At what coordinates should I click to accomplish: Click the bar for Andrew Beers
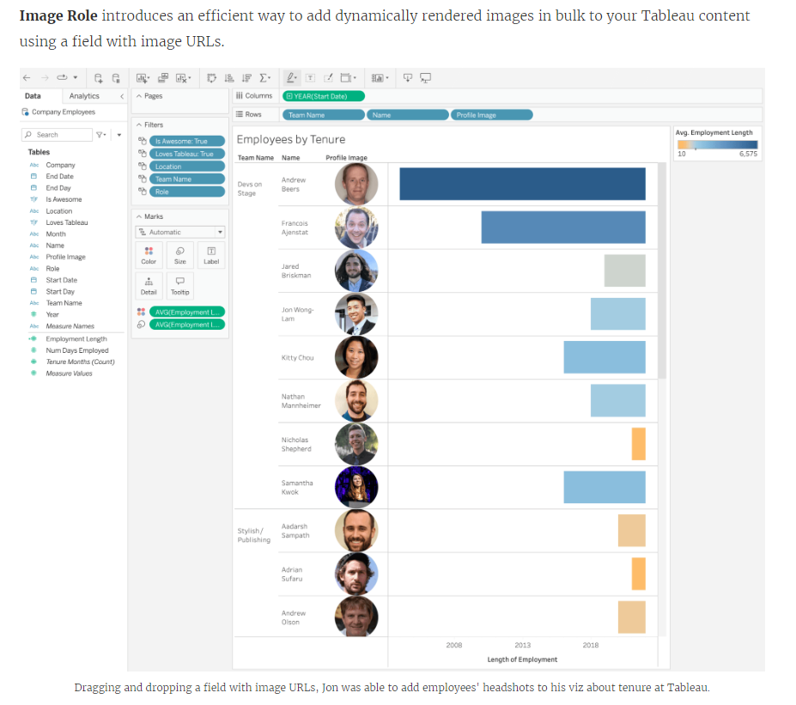[x=522, y=184]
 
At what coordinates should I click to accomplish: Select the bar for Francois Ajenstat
[x=562, y=228]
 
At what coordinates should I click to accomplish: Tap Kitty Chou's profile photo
[x=356, y=357]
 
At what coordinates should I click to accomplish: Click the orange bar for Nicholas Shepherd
[x=638, y=444]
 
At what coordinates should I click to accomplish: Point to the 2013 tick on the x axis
[x=522, y=645]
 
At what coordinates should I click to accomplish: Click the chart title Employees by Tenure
[x=291, y=139]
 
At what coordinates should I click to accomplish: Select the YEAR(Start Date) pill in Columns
[x=324, y=96]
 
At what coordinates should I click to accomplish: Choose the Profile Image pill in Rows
[x=491, y=114]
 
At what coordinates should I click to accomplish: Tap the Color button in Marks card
[x=149, y=255]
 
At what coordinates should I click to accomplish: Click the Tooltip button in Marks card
[x=179, y=286]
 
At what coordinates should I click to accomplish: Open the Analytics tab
[x=84, y=96]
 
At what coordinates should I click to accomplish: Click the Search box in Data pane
[x=57, y=135]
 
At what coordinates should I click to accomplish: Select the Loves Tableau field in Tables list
[x=66, y=222]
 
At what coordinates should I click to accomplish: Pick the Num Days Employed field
[x=77, y=350]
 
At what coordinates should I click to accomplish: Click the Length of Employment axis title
[x=522, y=659]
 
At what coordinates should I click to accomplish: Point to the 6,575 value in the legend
[x=748, y=154]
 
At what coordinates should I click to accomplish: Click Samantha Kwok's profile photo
[x=356, y=487]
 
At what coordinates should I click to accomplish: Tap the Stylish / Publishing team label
[x=253, y=535]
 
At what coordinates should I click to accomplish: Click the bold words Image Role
[x=58, y=16]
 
